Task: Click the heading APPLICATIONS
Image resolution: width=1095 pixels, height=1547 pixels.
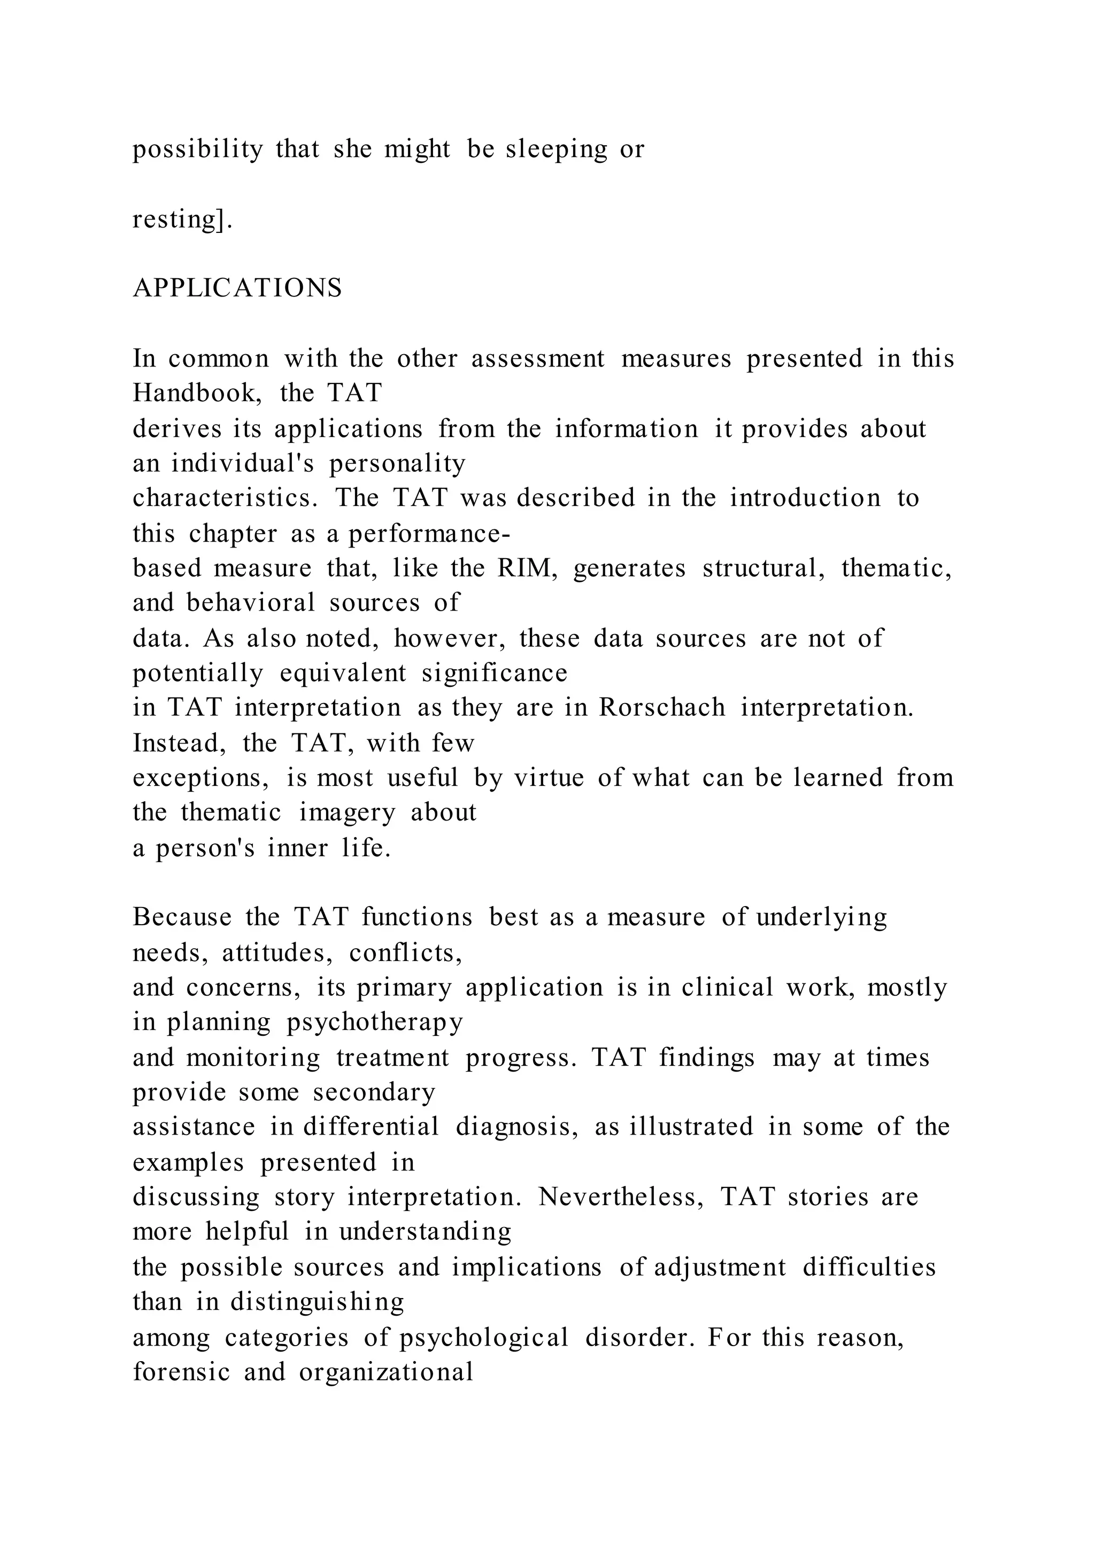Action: pyautogui.click(x=237, y=288)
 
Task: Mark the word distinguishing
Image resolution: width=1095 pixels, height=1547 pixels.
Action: pyautogui.click(x=317, y=1301)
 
